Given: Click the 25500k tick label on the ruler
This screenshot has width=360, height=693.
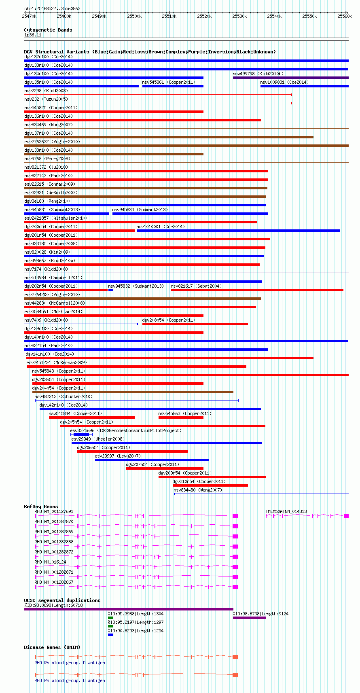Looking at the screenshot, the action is pos(134,17).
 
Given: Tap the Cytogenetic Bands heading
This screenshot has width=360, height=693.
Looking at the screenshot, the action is pos(48,30).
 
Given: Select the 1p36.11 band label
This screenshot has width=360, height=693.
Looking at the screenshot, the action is pos(33,35).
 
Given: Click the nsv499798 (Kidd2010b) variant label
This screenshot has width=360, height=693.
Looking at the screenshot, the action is pos(258,74).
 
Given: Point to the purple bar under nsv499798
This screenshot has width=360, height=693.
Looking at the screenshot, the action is pos(291,78).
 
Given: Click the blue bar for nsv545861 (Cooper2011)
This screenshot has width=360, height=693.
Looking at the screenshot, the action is pos(173,86).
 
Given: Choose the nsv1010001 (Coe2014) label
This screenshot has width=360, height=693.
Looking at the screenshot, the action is pos(161,227).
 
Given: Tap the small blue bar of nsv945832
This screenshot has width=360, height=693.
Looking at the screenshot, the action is pos(111,290).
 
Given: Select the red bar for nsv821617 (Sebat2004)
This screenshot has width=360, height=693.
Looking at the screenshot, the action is pos(257,290).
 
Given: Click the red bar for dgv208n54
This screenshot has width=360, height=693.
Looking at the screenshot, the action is pos(195,324).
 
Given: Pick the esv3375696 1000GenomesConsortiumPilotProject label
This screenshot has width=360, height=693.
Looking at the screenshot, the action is pos(125,431).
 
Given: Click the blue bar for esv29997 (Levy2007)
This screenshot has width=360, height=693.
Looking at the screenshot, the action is pos(152,460).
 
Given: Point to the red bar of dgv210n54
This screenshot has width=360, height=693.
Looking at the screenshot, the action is pos(210,485).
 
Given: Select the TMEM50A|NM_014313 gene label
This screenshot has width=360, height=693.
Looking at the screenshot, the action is pos(286,511).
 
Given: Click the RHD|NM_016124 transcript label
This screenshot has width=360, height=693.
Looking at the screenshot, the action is pos(50,562).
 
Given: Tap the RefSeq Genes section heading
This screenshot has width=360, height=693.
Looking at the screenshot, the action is pos(41,507).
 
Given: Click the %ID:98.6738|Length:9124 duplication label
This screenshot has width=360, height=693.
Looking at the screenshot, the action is pos(260,614).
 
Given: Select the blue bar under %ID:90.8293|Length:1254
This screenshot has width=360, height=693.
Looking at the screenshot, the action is pos(110,635).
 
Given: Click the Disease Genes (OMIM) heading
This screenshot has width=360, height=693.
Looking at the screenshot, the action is pos(52,647).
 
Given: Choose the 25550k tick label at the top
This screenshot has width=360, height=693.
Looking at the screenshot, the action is pos(309,17).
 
